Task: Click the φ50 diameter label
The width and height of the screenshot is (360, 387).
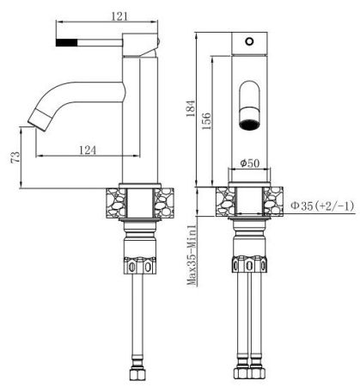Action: coord(249,163)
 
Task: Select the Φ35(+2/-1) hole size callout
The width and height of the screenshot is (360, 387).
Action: coord(322,206)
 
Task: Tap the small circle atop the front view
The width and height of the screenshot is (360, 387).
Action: coord(249,40)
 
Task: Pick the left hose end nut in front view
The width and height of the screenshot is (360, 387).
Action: coord(238,376)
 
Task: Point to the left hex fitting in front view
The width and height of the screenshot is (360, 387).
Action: coord(238,265)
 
